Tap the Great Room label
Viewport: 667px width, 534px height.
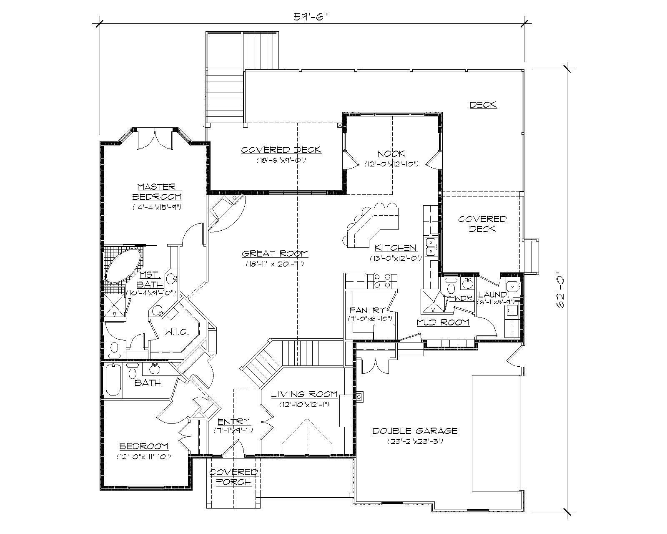275,253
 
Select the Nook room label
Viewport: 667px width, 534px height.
391,154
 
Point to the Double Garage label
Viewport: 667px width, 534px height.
415,431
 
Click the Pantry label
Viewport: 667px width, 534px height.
367,310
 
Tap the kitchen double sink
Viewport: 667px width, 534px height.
430,246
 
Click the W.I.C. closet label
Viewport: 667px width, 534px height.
177,332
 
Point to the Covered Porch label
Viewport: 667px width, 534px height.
233,477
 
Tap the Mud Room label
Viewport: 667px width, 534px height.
443,322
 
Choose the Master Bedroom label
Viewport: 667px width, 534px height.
157,191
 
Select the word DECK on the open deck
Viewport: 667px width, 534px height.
483,105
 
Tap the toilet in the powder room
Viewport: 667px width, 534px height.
450,287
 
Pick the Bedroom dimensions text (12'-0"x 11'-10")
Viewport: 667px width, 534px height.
144,457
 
